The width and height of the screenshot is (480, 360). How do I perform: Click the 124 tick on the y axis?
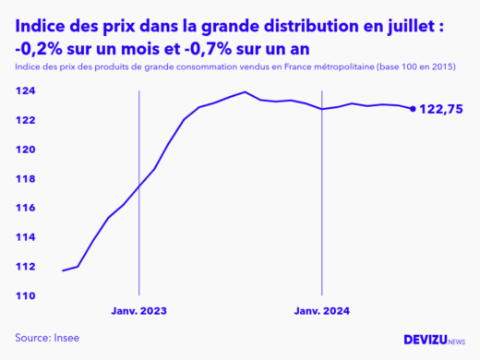(x=26, y=91)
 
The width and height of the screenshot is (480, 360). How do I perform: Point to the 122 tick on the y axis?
(x=26, y=120)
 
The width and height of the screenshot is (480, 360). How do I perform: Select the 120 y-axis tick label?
(x=26, y=150)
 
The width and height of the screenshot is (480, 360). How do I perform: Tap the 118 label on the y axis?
(x=26, y=179)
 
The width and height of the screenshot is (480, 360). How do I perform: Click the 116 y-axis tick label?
(x=26, y=208)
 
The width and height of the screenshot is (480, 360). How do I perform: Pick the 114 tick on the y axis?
(x=26, y=237)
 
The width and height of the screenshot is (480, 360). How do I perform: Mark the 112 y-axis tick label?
(x=26, y=267)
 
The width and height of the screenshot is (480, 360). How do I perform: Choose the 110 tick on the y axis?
(x=26, y=295)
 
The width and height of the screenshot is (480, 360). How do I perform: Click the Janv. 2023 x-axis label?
(x=139, y=311)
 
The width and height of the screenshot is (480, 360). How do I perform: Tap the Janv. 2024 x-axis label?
(x=322, y=311)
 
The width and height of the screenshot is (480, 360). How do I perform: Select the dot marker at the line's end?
(x=413, y=108)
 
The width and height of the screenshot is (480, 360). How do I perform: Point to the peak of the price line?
(x=245, y=92)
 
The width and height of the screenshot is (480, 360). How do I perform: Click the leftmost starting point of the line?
(x=63, y=270)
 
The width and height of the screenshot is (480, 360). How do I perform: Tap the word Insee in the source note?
(x=66, y=338)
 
